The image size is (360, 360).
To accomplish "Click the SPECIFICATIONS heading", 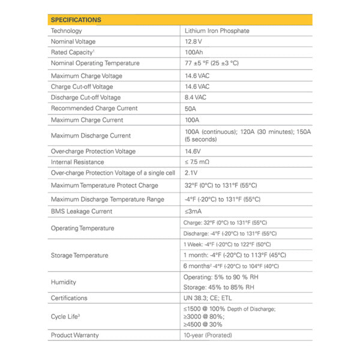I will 76,20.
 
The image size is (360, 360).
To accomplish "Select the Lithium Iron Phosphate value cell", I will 217,31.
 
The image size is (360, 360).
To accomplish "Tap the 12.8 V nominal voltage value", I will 194,42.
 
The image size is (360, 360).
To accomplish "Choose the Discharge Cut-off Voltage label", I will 86,97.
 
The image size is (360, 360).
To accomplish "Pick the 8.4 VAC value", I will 196,97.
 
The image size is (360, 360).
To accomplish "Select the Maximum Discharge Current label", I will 91,136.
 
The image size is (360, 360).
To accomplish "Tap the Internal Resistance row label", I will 77,162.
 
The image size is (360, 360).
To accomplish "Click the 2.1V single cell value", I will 192,173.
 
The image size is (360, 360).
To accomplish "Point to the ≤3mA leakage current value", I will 193,211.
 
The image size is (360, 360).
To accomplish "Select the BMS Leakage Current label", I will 82,211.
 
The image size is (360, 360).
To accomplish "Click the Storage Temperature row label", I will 80,255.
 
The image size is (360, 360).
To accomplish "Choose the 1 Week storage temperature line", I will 227,244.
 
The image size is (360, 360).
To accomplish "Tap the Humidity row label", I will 64,282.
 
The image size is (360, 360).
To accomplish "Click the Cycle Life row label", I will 67,316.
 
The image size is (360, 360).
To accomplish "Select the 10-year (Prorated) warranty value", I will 208,335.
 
